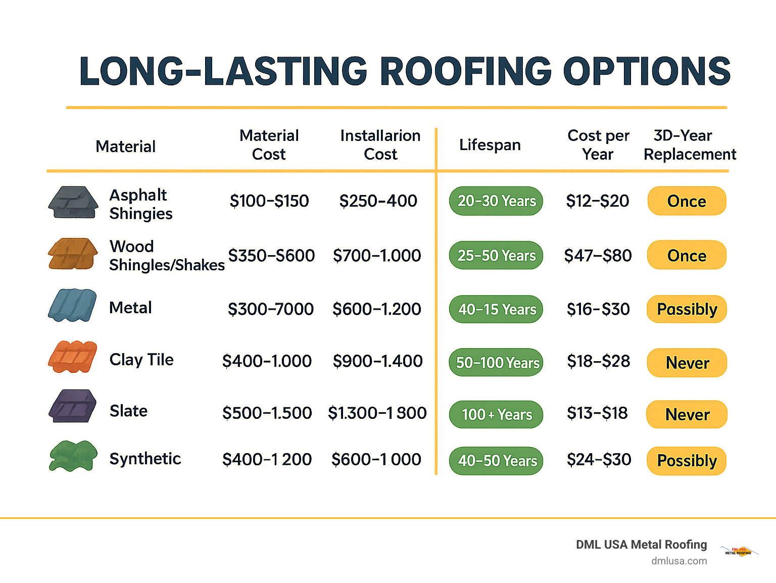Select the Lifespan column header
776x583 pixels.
click(490, 145)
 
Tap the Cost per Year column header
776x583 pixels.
click(598, 145)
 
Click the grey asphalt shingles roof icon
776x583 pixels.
click(73, 203)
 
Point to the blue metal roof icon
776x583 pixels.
click(73, 305)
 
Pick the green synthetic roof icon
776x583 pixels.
click(73, 456)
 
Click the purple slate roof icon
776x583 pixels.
click(73, 406)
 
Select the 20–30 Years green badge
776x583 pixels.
click(496, 201)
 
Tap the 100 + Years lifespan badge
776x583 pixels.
click(496, 415)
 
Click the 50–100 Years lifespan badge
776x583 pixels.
click(496, 363)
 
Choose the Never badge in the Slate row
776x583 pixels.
click(687, 415)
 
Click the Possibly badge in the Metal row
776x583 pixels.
click(687, 309)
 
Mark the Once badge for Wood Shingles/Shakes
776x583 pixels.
click(687, 256)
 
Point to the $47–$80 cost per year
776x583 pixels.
click(598, 256)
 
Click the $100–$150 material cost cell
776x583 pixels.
click(269, 201)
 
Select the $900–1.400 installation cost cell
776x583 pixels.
click(377, 361)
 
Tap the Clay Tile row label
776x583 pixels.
click(141, 360)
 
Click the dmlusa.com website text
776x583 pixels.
click(679, 561)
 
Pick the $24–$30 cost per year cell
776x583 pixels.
click(599, 460)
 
